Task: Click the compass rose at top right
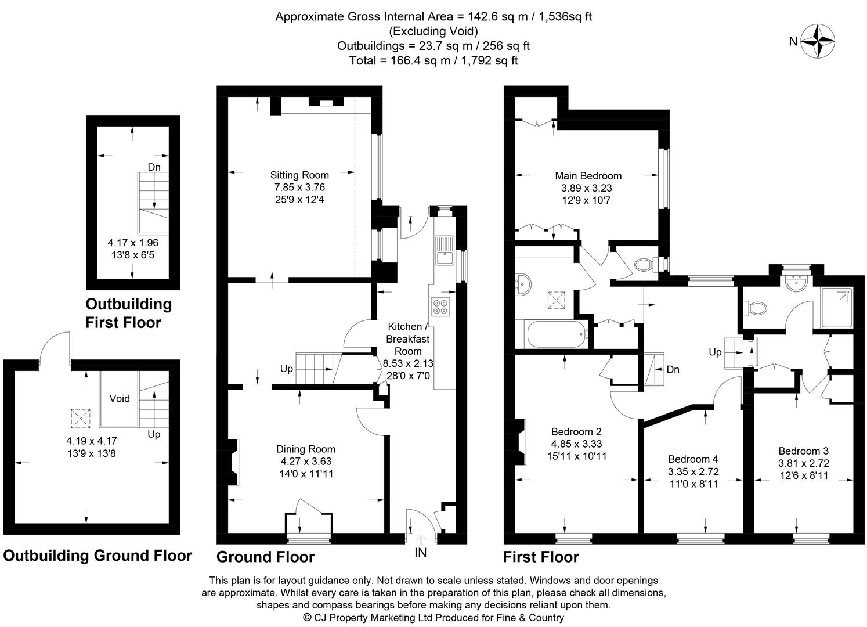(x=818, y=41)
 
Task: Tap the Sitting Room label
(x=299, y=175)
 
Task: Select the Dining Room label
(x=306, y=449)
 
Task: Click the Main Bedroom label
(x=588, y=176)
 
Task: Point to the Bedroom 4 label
(x=693, y=459)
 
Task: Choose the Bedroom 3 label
(x=803, y=451)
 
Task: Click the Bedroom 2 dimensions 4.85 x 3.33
(x=576, y=444)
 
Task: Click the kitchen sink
(x=444, y=250)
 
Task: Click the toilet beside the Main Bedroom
(x=643, y=265)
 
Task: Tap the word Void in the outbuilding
(x=120, y=399)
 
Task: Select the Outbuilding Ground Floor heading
(x=97, y=556)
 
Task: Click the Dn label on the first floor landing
(x=673, y=369)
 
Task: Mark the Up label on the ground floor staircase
(x=287, y=369)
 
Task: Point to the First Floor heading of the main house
(x=541, y=557)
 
